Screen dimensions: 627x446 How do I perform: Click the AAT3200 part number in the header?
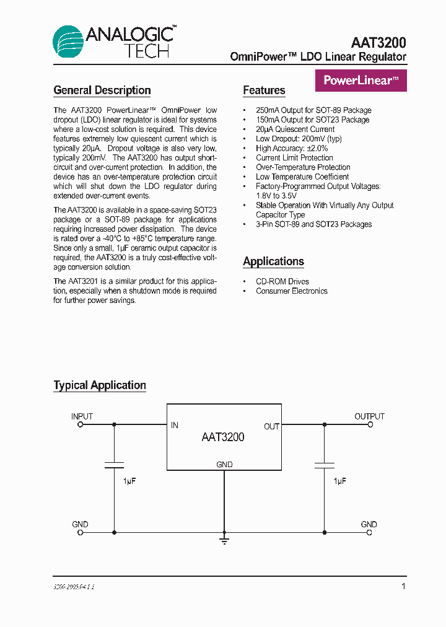(378, 42)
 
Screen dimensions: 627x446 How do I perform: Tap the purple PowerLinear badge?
(361, 81)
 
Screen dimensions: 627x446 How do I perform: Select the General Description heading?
(102, 90)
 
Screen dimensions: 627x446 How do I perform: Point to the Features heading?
(264, 90)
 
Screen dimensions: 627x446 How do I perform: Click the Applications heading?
(273, 261)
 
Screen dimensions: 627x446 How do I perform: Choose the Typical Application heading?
(100, 385)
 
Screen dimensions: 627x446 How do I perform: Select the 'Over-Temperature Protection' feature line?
(303, 167)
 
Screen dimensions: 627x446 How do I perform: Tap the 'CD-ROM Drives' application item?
(282, 281)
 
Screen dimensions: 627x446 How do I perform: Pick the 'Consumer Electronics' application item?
(291, 291)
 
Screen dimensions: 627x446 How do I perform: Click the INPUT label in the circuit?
(82, 416)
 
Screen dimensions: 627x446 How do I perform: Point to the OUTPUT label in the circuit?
(369, 416)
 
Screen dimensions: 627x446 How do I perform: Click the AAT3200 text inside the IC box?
(223, 437)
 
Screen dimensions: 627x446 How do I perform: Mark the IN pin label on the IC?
(175, 426)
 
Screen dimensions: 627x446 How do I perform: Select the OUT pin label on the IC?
(271, 426)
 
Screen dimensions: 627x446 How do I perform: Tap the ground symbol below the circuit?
(224, 540)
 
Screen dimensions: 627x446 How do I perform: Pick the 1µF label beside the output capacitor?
(339, 481)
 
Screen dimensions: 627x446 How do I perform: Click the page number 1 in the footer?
(403, 586)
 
